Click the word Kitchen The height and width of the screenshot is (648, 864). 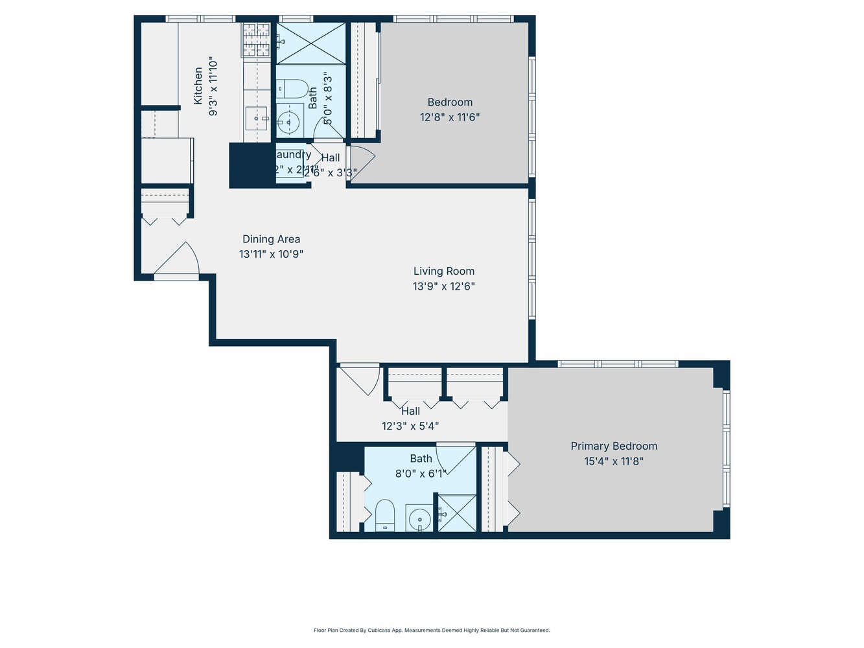pos(198,86)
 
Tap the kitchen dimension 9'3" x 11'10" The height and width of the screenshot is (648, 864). pos(213,86)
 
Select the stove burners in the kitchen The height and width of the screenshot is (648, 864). pos(256,40)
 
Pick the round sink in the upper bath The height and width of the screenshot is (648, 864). pos(288,121)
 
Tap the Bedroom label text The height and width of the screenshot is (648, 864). pos(450,102)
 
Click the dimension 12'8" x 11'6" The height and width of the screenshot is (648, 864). pos(450,117)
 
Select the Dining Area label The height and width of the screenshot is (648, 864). pos(271,239)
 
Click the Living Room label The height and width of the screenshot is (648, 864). pos(444,271)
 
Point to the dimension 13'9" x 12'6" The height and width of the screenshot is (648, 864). pos(444,286)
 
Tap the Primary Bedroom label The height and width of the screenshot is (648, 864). pos(614,446)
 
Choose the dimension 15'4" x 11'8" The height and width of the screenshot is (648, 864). pos(614,461)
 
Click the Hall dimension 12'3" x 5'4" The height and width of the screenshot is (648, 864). pos(410,426)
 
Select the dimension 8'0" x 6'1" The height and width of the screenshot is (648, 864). pos(421,474)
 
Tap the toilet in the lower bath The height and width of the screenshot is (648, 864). pos(385,515)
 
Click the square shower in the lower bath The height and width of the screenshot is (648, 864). pos(457,513)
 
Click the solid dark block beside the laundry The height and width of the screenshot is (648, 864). pos(251,165)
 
